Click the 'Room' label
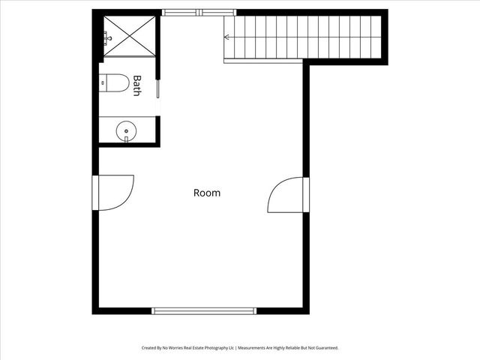click(x=207, y=193)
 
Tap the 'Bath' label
click(x=136, y=85)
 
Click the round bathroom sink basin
click(x=127, y=133)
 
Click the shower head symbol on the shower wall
click(x=108, y=35)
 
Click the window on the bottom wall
click(x=204, y=310)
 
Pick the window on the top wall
click(x=199, y=12)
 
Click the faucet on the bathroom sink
click(x=127, y=137)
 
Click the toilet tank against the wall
click(x=103, y=82)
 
